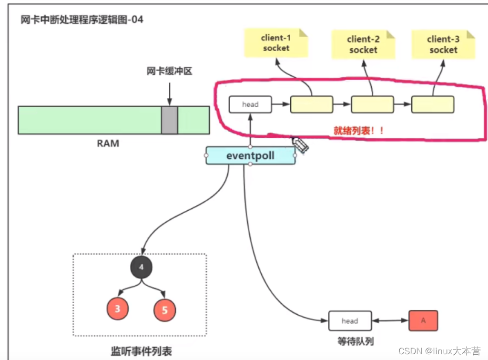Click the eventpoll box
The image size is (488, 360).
(251, 156)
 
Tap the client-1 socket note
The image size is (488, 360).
(276, 43)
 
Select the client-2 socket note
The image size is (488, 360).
(363, 45)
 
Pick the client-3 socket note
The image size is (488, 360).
(443, 44)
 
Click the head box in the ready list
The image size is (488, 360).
(250, 104)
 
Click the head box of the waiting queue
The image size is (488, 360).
(349, 321)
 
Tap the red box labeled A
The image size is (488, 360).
(423, 320)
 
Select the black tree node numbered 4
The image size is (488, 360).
(141, 268)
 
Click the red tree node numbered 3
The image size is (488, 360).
(118, 309)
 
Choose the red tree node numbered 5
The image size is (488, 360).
(164, 310)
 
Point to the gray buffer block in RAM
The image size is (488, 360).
(169, 120)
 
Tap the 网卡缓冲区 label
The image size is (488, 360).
(169, 72)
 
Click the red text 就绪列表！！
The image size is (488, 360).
(358, 130)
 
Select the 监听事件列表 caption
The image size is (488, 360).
(141, 352)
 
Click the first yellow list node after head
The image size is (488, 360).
(311, 104)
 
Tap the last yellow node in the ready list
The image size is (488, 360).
(433, 104)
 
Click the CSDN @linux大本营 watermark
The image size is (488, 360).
(438, 351)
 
